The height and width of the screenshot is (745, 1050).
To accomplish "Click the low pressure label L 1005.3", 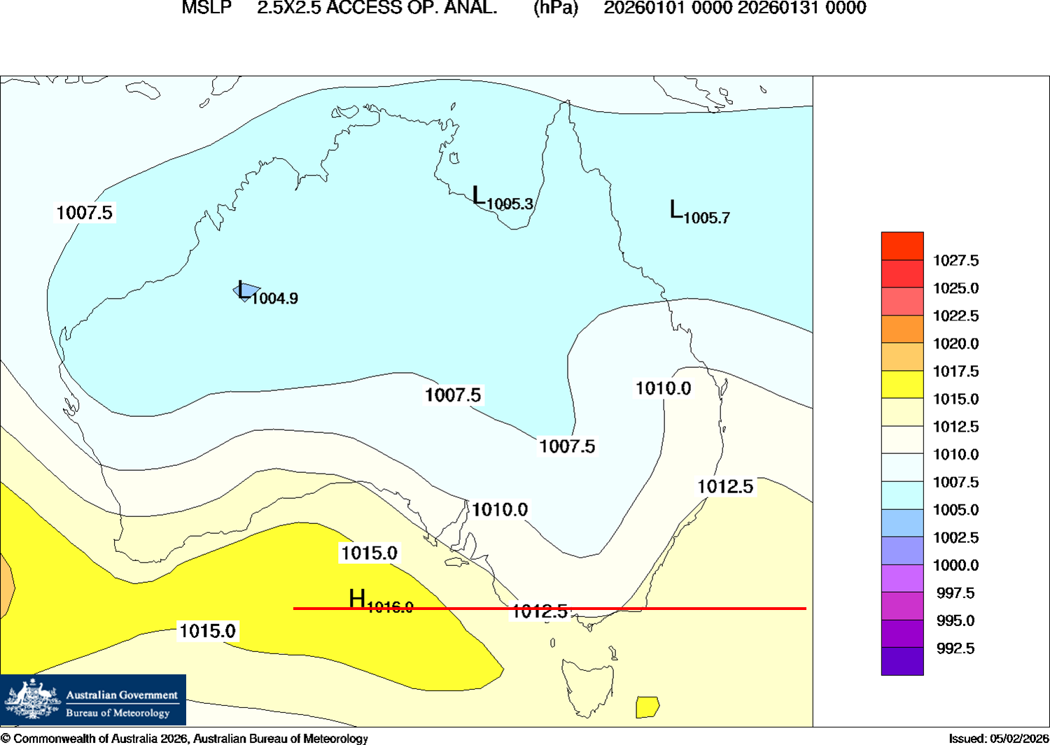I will pos(502,199).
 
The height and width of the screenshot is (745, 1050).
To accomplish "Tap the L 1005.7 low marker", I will pos(699,212).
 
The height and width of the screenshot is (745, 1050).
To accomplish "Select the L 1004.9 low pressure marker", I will pos(267,293).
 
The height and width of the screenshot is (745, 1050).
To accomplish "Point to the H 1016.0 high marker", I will pos(380,602).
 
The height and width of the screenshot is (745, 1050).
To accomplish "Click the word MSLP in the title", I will pos(206,8).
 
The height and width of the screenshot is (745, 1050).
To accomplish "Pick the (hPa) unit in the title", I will pos(556,8).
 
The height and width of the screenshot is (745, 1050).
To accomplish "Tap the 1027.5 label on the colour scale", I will pos(955,261).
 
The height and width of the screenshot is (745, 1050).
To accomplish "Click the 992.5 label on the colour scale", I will pos(955,648).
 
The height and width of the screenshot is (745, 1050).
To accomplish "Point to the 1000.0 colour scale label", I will pos(955,565).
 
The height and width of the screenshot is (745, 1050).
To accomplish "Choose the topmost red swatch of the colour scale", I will pos(902,246).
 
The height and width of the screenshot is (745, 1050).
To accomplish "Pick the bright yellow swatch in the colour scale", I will pos(902,385).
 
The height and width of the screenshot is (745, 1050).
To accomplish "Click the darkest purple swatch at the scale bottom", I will pos(902,662).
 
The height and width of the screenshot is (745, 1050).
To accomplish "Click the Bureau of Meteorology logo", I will pos(93,700).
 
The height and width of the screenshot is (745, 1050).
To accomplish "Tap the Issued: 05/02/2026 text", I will pos(999,739).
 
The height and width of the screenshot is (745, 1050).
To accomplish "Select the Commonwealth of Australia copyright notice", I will pos(184,739).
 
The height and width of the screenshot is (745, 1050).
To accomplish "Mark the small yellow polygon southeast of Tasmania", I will pos(647,707).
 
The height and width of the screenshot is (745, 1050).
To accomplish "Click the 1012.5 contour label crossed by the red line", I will pos(540,611).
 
